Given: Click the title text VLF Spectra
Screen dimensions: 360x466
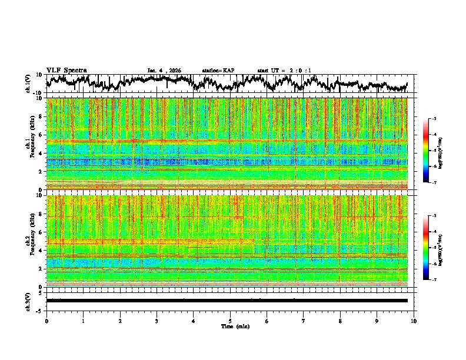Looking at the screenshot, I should (66, 70).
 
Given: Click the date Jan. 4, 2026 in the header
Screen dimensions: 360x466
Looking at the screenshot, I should (164, 71).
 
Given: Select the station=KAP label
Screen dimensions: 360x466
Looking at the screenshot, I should (218, 71).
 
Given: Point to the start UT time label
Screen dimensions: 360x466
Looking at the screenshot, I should (284, 71).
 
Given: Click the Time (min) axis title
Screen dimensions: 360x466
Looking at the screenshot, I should (230, 326).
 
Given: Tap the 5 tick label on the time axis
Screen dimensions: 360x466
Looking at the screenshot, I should (230, 320).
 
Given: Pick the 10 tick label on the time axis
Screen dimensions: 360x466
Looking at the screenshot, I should (414, 320).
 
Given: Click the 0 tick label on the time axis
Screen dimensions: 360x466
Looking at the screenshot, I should (46, 320).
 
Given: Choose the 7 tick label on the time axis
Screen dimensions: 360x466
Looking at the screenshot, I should (304, 320).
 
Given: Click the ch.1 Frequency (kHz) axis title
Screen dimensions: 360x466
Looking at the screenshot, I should (31, 144).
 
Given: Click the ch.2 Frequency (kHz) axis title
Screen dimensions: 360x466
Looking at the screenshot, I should (31, 241).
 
